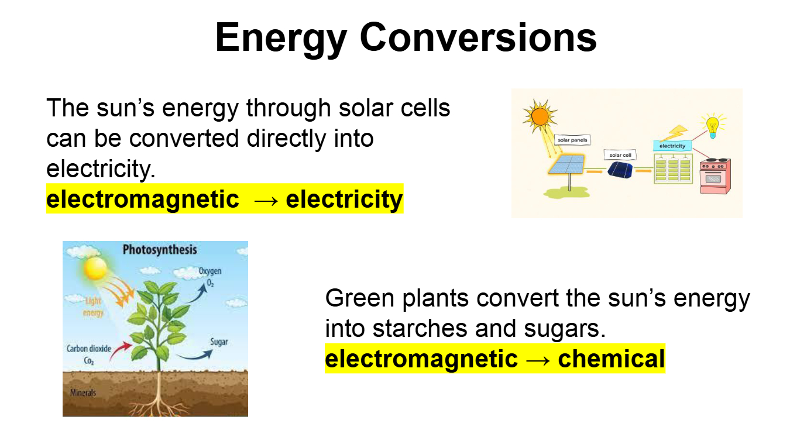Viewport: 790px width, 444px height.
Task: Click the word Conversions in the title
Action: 478,38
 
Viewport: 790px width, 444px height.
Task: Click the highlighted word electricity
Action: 344,199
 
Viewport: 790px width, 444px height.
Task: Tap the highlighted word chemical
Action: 611,359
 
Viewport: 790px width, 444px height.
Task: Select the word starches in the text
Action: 420,329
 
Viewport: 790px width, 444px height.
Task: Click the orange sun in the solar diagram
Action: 540,116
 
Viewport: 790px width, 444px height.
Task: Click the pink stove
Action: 716,176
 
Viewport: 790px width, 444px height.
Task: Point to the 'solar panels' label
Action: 572,140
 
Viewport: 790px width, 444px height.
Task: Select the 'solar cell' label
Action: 620,155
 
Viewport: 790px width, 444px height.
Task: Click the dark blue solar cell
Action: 620,170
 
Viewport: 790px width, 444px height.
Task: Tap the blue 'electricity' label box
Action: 672,146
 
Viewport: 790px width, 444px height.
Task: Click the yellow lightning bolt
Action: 674,133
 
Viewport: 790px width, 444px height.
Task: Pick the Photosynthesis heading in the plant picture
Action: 159,250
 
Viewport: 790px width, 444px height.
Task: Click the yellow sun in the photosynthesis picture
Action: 95,269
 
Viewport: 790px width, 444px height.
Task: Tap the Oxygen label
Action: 210,271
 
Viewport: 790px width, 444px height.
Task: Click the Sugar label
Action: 219,342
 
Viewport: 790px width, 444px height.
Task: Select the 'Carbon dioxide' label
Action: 88,349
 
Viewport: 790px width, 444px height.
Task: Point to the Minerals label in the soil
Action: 83,393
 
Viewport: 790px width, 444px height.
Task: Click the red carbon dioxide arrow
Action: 121,350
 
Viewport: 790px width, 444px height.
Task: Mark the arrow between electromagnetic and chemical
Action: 537,360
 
